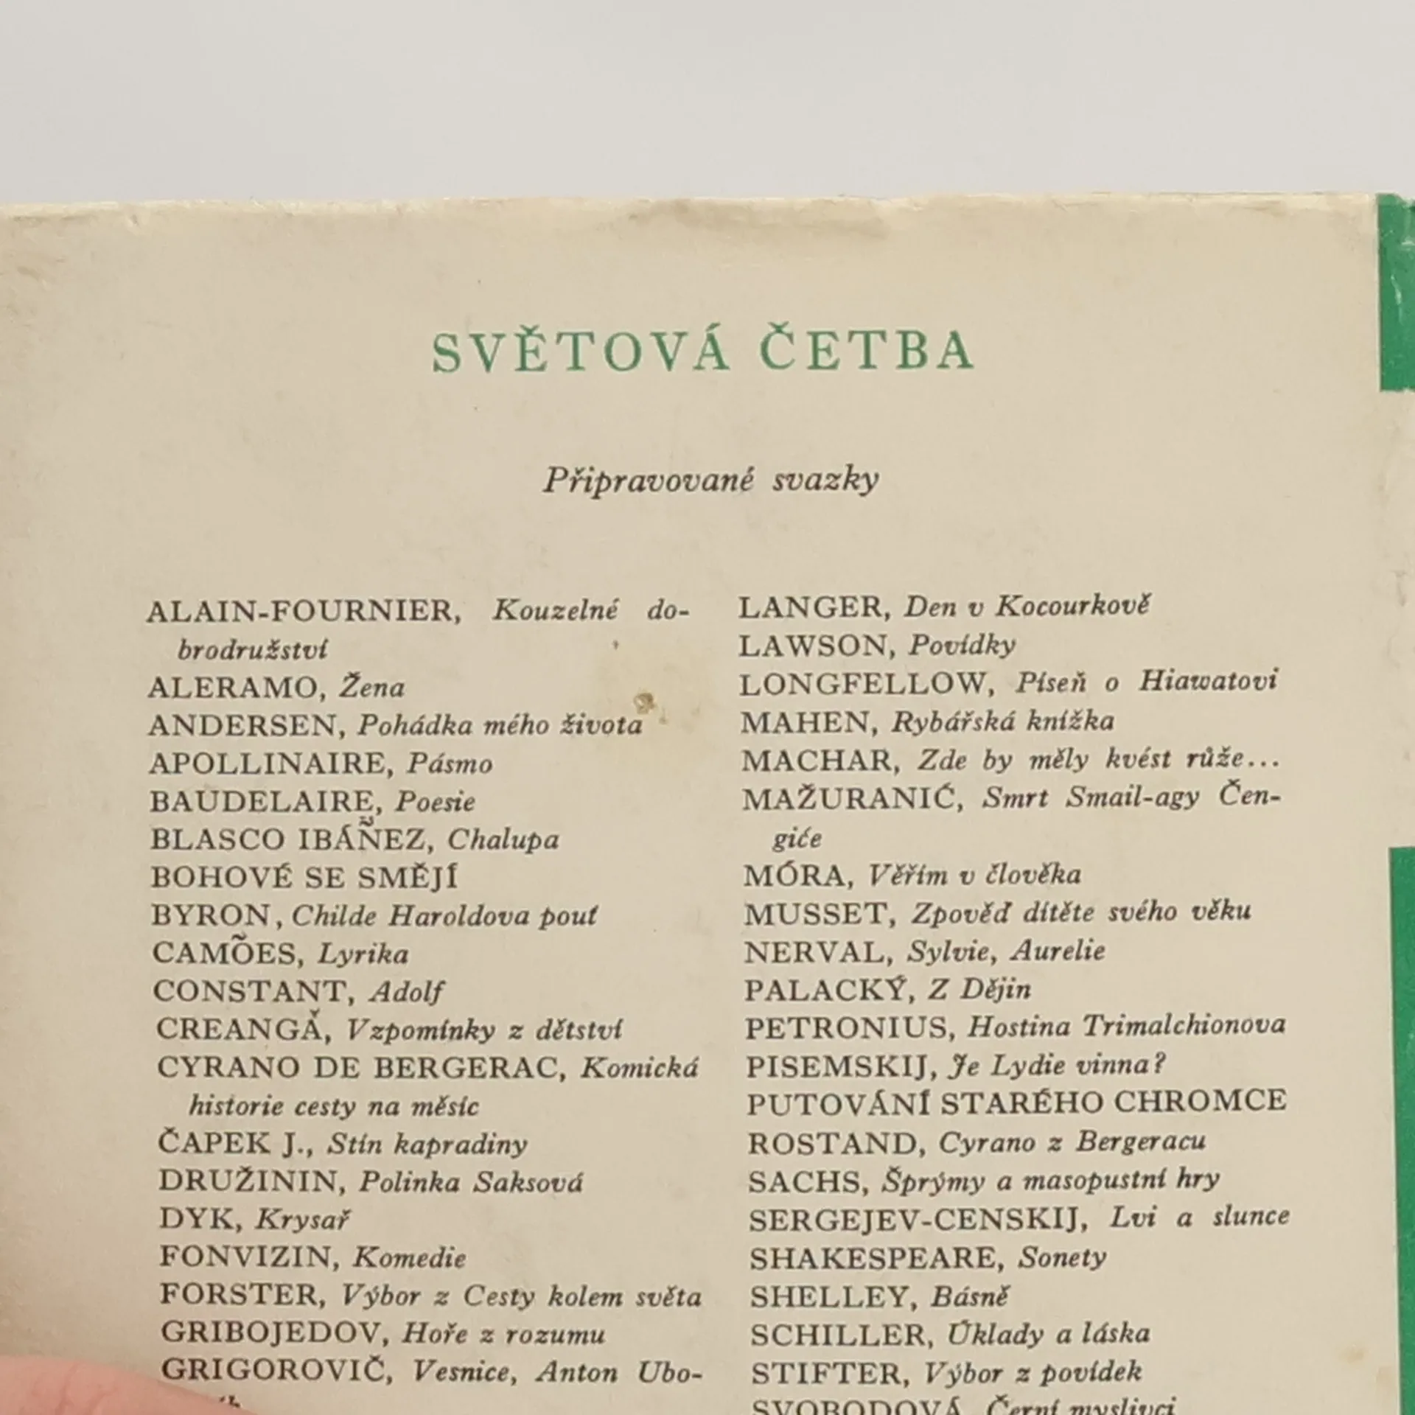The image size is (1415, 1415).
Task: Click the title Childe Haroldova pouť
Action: coord(445,915)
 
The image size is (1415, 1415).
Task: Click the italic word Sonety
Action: coord(1062,1258)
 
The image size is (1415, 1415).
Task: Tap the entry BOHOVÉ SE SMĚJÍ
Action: coord(304,878)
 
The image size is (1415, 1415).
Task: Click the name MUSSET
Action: coord(817,914)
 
